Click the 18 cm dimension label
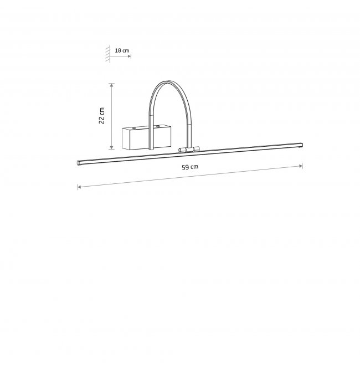(122, 50)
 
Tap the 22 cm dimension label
(102, 116)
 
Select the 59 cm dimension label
(190, 167)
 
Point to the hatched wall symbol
(108, 54)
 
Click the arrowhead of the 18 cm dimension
(130, 56)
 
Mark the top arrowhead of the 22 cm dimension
(111, 85)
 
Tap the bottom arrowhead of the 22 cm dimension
(111, 147)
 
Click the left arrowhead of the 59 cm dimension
(79, 187)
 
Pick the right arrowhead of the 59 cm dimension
(301, 166)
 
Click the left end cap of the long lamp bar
(78, 163)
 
